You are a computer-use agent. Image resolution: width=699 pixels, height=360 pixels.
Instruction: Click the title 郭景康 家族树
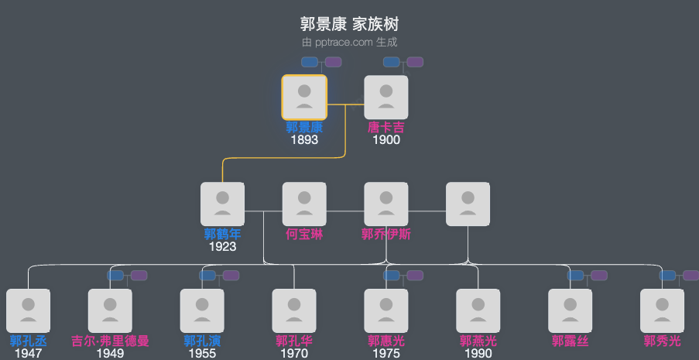point(349,24)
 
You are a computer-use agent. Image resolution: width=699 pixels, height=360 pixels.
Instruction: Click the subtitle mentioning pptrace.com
point(349,42)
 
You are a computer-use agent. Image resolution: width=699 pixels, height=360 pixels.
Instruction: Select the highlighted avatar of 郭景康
point(304,98)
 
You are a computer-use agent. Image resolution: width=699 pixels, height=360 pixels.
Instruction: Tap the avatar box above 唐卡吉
point(386,98)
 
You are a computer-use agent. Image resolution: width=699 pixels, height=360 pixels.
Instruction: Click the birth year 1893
point(304,140)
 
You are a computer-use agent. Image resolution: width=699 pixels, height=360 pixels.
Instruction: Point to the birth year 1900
point(386,140)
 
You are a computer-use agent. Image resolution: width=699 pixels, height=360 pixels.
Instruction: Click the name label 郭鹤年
point(222,234)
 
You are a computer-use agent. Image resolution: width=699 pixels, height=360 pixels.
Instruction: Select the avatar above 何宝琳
point(304,204)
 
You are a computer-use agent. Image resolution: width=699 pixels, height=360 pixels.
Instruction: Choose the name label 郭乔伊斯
point(386,234)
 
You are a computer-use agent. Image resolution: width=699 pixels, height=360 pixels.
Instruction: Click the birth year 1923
point(222,247)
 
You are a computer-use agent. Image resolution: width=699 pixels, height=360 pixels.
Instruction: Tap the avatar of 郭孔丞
point(28,311)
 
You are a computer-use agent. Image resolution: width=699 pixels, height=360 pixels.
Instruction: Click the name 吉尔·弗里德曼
point(110,341)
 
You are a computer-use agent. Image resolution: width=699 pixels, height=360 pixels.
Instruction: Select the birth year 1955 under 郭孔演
point(202,354)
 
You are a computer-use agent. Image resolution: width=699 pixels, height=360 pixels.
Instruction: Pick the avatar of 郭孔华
point(294,311)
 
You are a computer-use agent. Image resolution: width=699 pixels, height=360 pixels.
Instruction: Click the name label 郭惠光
point(386,341)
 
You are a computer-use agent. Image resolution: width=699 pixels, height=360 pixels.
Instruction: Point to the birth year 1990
point(478,354)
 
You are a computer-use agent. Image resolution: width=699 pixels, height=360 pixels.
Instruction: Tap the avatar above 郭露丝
point(571,311)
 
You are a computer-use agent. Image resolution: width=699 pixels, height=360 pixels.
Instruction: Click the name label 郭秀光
point(663,341)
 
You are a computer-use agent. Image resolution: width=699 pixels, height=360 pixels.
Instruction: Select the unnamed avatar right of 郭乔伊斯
point(468,204)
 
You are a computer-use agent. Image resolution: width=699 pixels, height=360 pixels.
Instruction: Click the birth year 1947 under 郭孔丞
point(28,354)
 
